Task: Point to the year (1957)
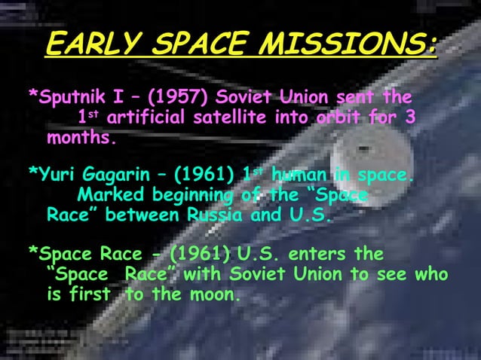coord(179,97)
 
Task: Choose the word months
coord(82,139)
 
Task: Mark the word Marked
coord(112,197)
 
